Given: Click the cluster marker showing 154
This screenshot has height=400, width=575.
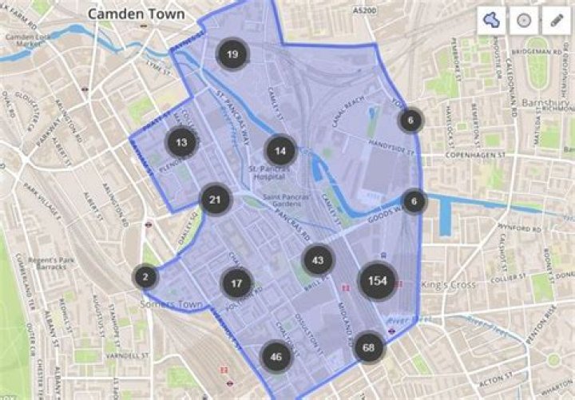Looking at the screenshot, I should pos(379,282).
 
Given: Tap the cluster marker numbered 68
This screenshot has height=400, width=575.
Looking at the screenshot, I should pos(368,347).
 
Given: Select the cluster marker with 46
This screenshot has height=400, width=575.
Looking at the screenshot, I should pos(276,357).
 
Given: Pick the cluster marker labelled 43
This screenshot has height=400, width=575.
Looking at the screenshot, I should pos(318,259).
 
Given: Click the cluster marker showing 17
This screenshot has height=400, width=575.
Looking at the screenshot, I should pos(236,283).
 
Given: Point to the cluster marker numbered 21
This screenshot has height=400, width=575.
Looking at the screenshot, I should pos(214,199).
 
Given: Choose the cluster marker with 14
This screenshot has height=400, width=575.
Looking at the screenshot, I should pos(280,150).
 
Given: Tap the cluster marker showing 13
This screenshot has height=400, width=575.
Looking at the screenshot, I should pos(181,143).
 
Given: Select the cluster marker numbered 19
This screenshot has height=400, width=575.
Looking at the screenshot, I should pos(232,54).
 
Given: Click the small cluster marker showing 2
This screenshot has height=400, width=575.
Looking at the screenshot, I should pos(145,277).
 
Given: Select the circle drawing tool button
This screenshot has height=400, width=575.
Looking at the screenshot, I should pos(523,21).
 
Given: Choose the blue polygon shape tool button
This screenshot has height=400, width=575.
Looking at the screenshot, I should pos(492,21).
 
